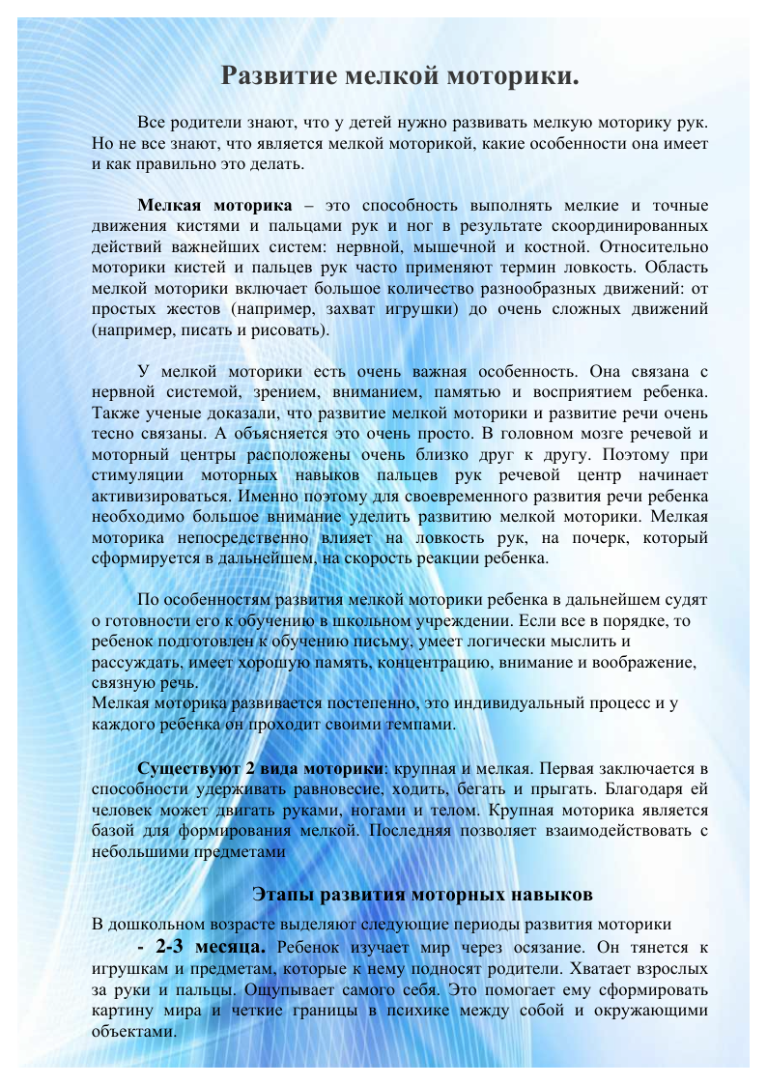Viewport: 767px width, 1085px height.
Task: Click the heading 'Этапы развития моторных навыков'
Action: pyautogui.click(x=421, y=893)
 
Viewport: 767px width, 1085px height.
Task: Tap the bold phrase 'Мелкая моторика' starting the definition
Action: pyautogui.click(x=214, y=206)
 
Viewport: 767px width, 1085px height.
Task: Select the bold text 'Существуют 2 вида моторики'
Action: pyautogui.click(x=261, y=769)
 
